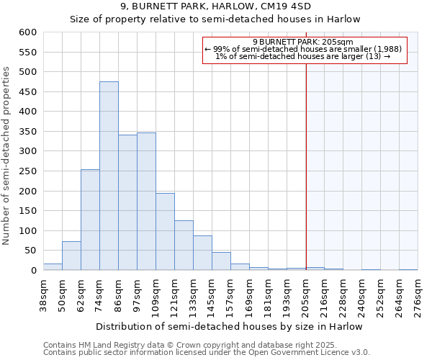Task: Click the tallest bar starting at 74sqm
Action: tap(109, 176)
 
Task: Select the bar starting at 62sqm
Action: tap(90, 220)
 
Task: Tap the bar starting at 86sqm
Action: tap(127, 202)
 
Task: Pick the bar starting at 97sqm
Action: tap(146, 202)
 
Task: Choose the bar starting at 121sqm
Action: tap(184, 246)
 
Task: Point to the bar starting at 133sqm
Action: tap(202, 253)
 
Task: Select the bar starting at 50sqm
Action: tap(71, 256)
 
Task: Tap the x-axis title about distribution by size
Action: tap(228, 326)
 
